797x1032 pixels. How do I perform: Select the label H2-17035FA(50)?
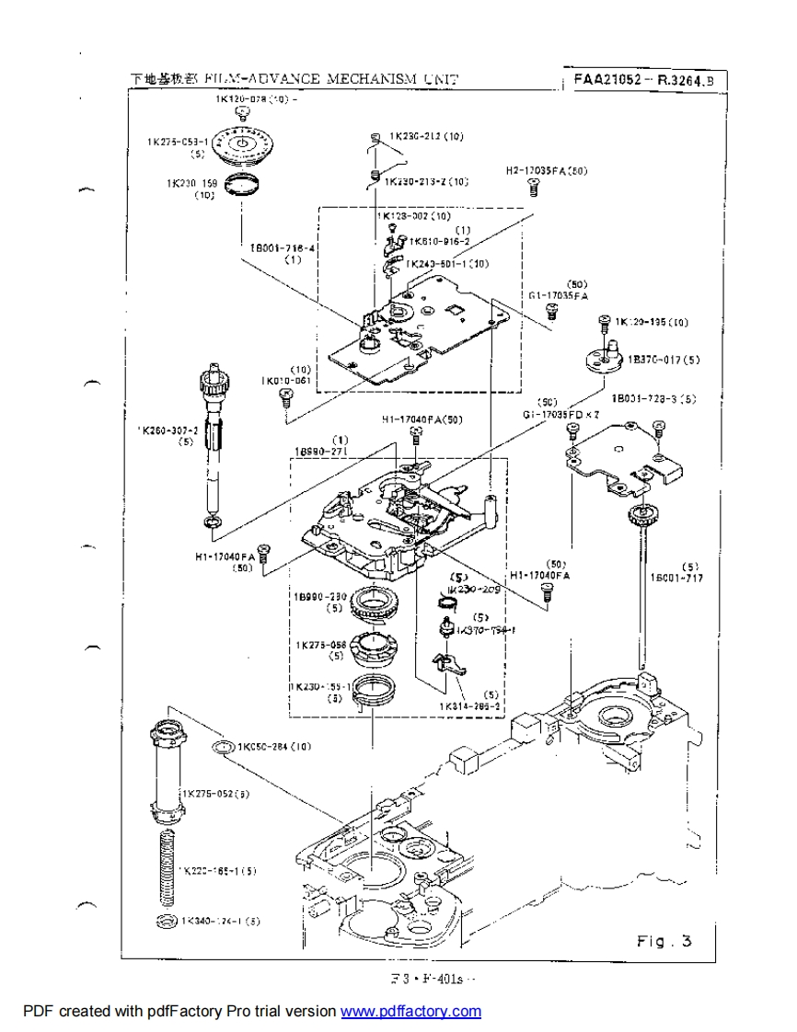tap(548, 170)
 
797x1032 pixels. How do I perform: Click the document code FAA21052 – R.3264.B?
tap(644, 80)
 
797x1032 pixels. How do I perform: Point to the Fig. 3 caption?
tap(664, 941)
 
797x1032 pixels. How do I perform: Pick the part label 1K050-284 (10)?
tap(275, 746)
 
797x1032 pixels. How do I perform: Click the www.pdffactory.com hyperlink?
tap(410, 1012)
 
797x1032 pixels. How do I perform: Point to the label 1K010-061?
tap(286, 380)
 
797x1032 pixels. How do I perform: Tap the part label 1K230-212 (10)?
tap(426, 136)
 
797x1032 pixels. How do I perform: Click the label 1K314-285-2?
tap(469, 706)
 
